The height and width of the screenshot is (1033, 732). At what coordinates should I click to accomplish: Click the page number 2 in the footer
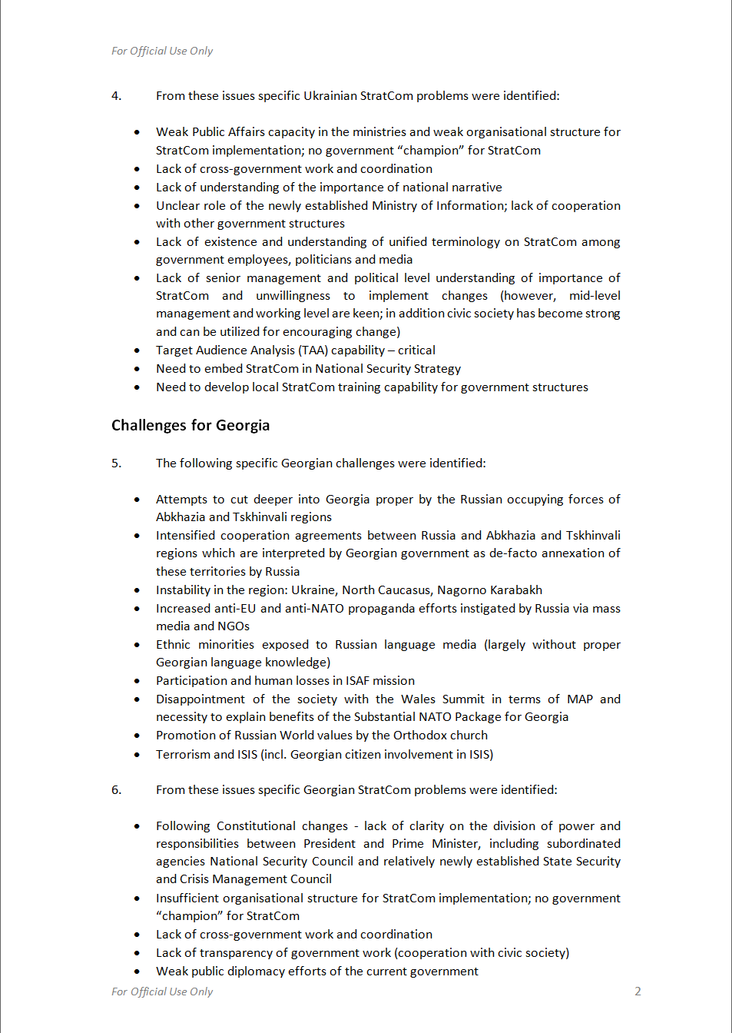click(x=638, y=991)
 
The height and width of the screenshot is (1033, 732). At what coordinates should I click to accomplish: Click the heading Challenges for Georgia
click(x=190, y=426)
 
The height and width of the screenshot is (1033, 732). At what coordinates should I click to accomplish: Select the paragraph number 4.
click(x=116, y=96)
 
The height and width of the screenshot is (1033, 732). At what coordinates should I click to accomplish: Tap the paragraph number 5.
click(x=116, y=463)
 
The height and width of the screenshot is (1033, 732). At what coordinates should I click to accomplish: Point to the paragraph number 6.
click(x=116, y=790)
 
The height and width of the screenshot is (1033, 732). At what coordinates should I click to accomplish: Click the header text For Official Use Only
click(x=162, y=51)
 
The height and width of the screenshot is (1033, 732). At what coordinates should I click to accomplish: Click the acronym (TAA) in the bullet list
click(x=313, y=350)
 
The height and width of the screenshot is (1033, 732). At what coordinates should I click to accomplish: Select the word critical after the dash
click(x=416, y=350)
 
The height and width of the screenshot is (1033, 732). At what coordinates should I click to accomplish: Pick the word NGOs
click(x=233, y=626)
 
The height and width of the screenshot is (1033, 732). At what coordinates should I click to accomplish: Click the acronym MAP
click(x=580, y=699)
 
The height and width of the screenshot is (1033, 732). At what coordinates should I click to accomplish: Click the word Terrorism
click(x=183, y=755)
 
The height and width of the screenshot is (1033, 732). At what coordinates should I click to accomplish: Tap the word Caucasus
click(x=406, y=590)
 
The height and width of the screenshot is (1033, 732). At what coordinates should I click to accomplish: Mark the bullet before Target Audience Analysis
click(x=137, y=350)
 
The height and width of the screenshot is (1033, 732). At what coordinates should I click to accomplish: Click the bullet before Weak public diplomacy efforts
click(x=137, y=972)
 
